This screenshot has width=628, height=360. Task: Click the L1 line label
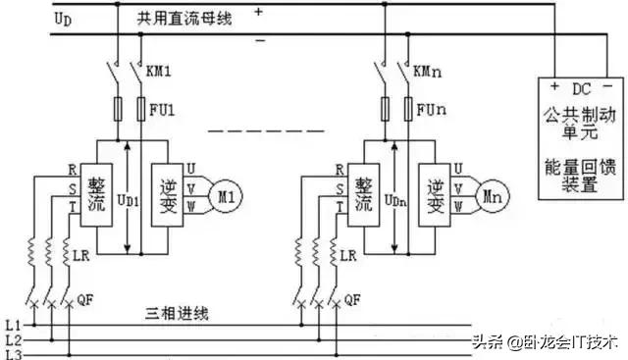pyautogui.click(x=13, y=324)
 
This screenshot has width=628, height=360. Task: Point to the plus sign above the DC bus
pyautogui.click(x=260, y=12)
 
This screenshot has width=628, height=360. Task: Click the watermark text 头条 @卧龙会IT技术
pyautogui.click(x=545, y=342)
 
